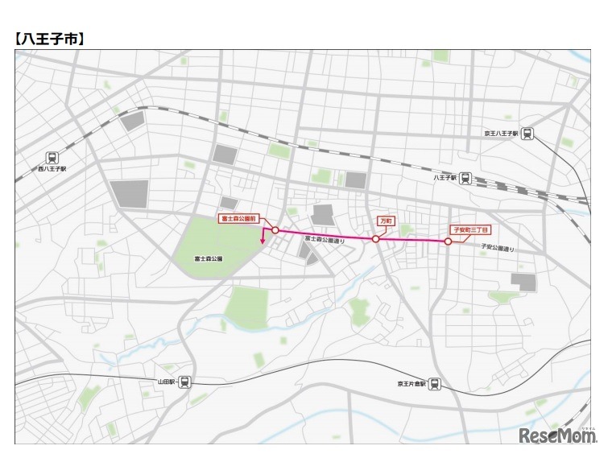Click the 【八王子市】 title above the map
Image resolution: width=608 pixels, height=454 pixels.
(x=50, y=38)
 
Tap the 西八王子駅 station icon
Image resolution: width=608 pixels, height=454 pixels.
(x=52, y=158)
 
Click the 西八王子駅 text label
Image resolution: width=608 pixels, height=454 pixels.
(x=52, y=170)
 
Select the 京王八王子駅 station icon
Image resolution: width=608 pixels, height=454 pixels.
(x=527, y=134)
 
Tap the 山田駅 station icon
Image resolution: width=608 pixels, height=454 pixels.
(x=185, y=382)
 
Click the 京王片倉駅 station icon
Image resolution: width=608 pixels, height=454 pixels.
(x=436, y=384)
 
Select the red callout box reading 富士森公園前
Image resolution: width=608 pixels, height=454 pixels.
(x=238, y=218)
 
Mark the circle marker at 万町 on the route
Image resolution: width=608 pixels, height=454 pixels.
(x=375, y=239)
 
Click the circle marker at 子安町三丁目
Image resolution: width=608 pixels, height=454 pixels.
(x=448, y=241)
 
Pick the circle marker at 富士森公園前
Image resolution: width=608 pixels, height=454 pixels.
(x=275, y=230)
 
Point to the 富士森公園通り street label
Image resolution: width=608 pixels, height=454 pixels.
(x=324, y=240)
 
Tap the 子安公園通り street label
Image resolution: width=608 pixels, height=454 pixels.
(x=498, y=249)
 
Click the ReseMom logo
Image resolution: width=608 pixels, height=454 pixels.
(x=555, y=435)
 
